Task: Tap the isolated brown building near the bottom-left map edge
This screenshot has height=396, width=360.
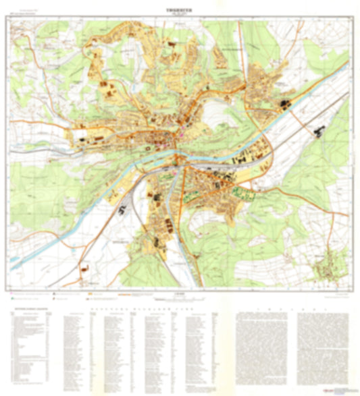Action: [84, 268]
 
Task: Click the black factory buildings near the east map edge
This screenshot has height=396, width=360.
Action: [318, 132]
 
